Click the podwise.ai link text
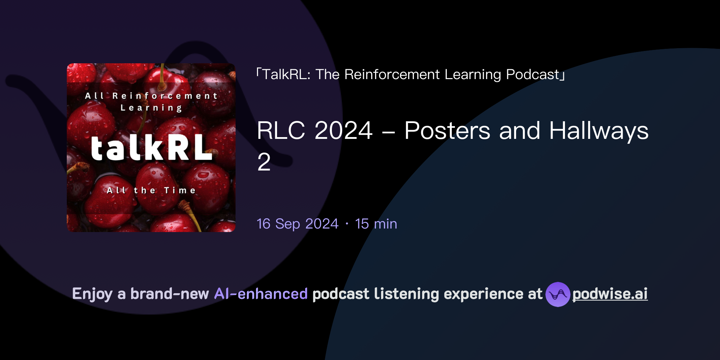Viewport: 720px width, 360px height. [x=610, y=294]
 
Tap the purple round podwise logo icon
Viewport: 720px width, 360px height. [x=558, y=294]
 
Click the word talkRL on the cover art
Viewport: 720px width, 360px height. [x=151, y=148]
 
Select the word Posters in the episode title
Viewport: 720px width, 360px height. [x=447, y=131]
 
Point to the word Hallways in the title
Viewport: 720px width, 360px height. [x=598, y=131]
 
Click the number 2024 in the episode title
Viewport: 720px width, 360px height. [x=343, y=131]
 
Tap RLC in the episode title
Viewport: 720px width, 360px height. [x=281, y=131]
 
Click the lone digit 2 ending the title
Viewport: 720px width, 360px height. [x=264, y=162]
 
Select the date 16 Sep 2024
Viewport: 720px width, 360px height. [x=297, y=224]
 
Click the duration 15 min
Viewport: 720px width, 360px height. [x=376, y=224]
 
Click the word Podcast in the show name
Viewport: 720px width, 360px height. [x=533, y=75]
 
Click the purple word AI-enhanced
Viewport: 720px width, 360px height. [x=261, y=294]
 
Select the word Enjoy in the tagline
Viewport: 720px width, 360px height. [x=92, y=294]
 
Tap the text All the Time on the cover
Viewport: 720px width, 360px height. [x=151, y=191]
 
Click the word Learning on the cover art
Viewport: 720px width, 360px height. [x=151, y=108]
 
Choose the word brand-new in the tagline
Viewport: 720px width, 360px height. [x=169, y=294]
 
